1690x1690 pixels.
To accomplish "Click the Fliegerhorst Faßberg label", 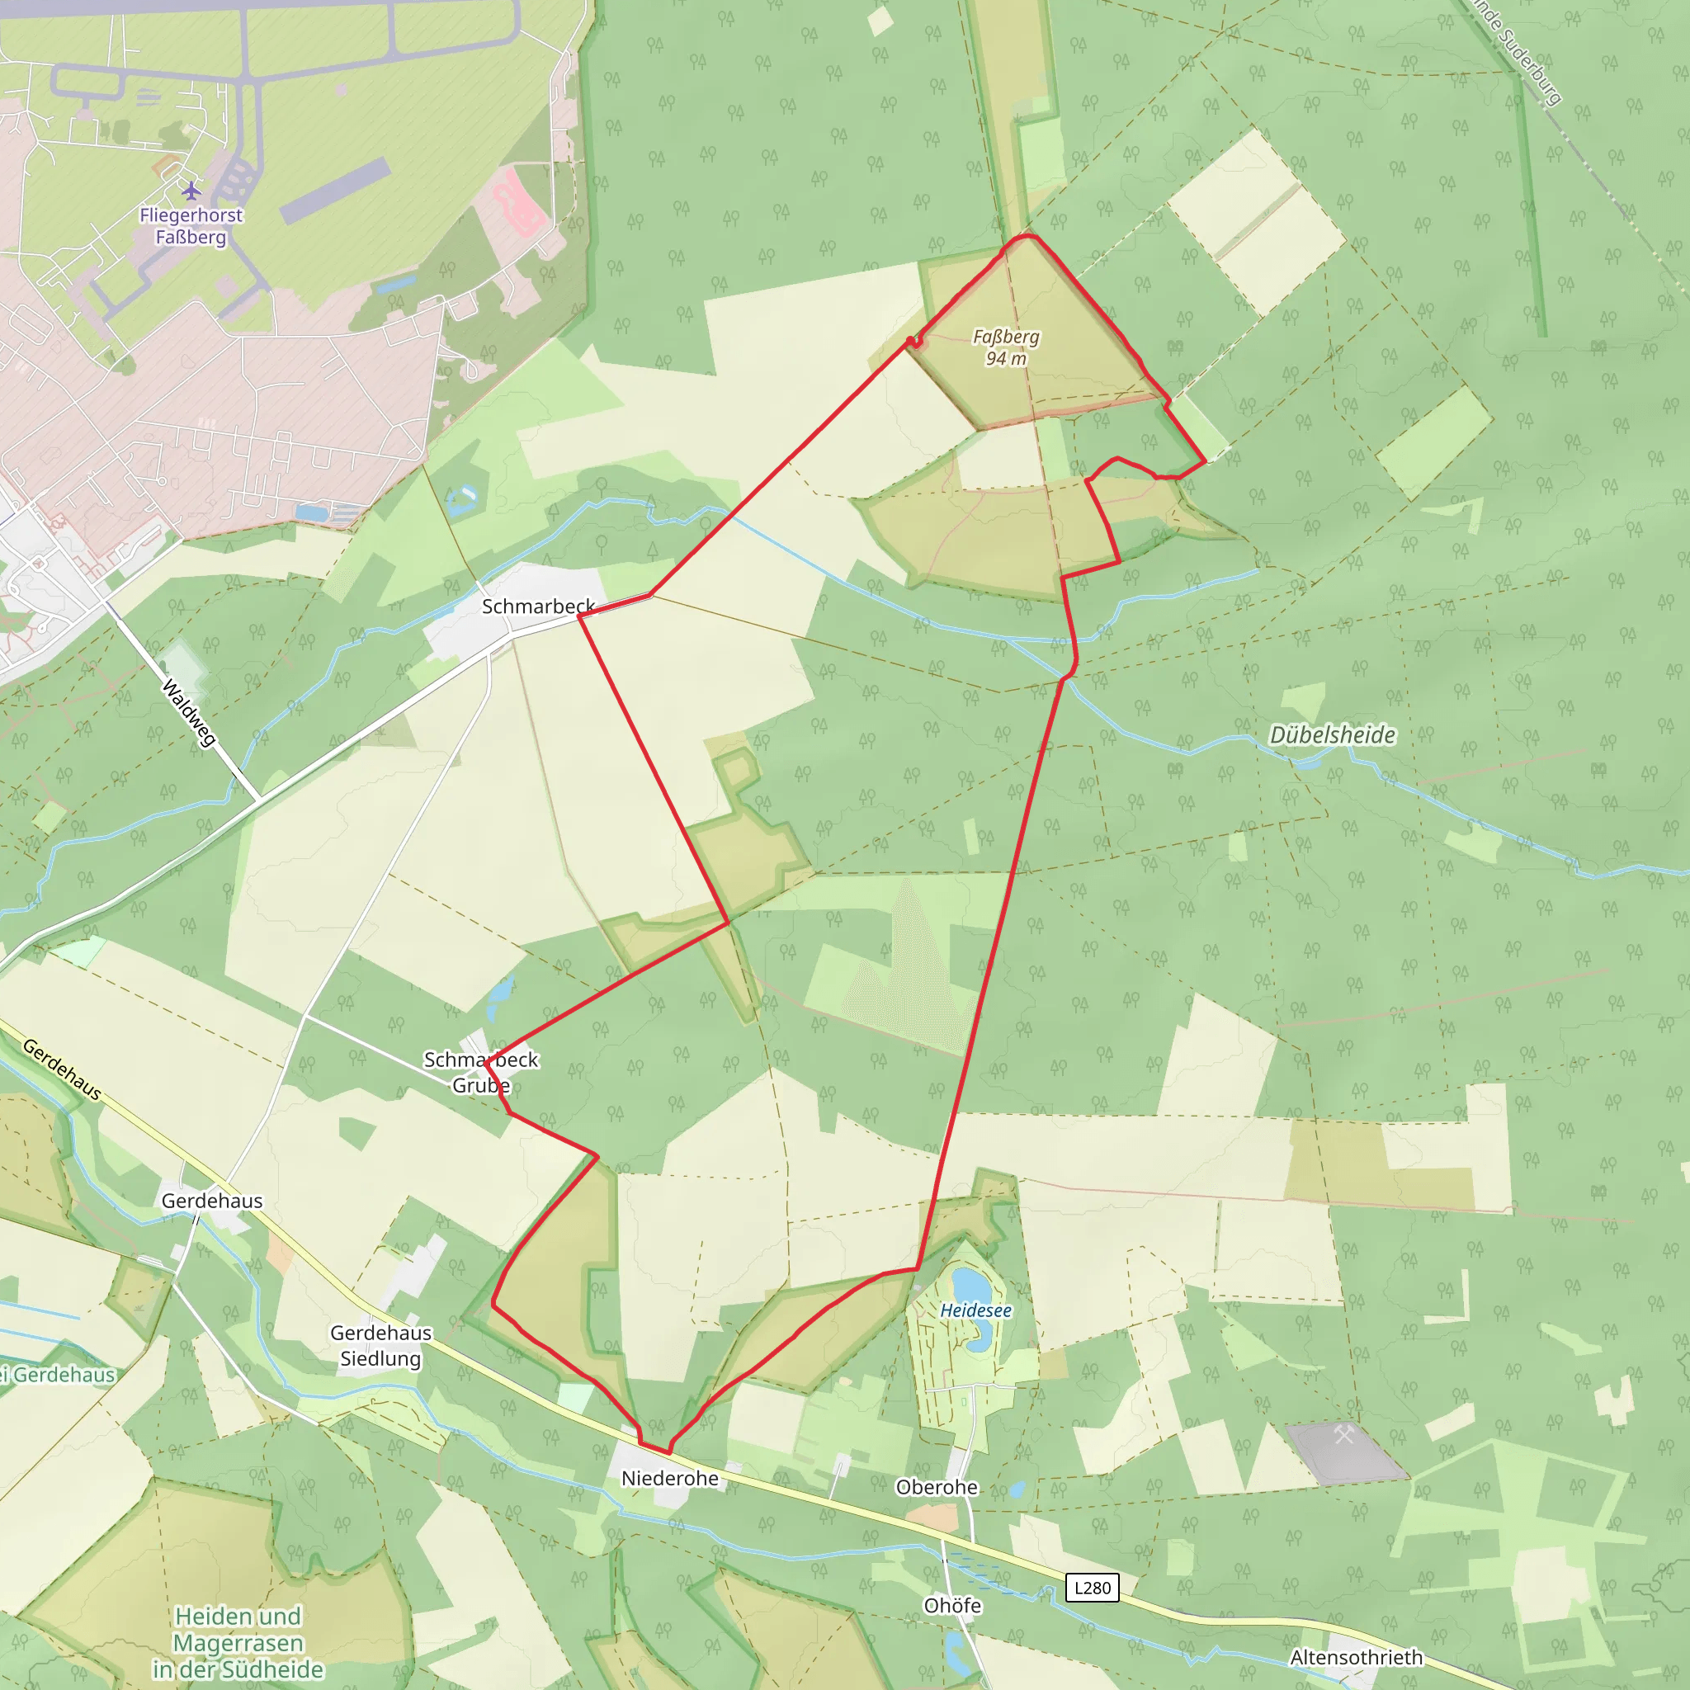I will point(191,225).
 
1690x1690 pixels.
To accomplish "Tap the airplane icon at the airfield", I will point(191,190).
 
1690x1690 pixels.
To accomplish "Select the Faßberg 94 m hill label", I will point(1006,347).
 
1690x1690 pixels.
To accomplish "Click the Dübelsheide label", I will point(1331,734).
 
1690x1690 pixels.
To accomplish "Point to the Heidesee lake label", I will point(975,1310).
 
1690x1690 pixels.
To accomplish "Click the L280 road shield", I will point(1092,1588).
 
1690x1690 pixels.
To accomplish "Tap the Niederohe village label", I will point(670,1478).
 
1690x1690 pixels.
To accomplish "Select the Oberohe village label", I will point(937,1487).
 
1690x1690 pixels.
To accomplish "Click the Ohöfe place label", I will point(952,1606).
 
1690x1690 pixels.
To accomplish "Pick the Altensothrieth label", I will point(1356,1658).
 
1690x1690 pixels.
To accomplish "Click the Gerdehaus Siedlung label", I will point(380,1345).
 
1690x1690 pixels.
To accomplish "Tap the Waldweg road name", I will point(189,714).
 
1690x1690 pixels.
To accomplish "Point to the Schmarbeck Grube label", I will point(481,1073).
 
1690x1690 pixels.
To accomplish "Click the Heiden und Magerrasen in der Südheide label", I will point(238,1643).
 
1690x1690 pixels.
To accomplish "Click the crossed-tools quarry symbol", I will point(1343,1434).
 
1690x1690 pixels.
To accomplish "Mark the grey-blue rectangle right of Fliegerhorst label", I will point(335,191).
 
